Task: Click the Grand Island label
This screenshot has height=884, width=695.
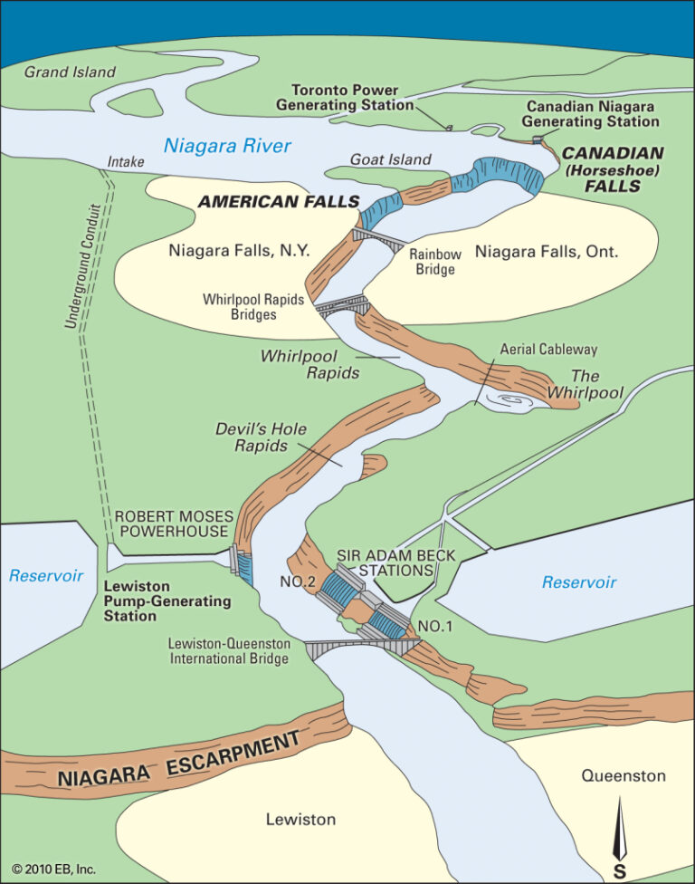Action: tap(70, 72)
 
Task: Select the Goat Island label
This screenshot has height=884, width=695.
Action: tap(392, 159)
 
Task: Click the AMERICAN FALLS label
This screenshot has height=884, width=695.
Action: tap(279, 201)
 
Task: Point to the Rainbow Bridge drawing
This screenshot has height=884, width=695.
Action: tap(380, 239)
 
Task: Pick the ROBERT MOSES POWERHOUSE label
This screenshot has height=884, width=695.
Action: tap(173, 524)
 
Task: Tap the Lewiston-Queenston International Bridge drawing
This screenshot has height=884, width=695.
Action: tap(362, 647)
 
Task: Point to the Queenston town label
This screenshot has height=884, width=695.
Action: tap(624, 775)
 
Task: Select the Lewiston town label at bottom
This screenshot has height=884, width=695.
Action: tap(300, 819)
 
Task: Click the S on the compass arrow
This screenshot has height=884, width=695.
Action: tap(620, 871)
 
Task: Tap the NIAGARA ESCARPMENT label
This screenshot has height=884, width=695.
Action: tap(178, 760)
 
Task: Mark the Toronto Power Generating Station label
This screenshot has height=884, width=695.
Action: tap(352, 98)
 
